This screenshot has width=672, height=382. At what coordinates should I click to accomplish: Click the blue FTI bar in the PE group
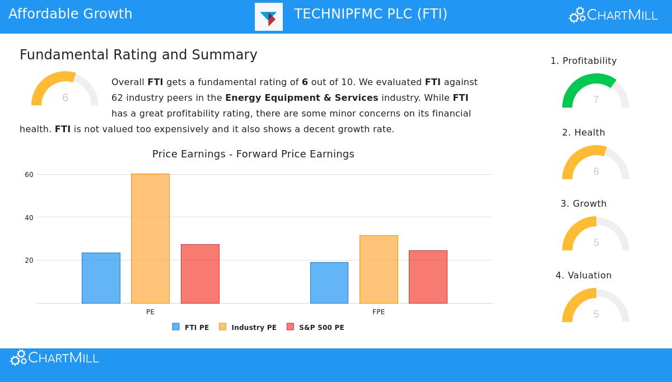tap(101, 278)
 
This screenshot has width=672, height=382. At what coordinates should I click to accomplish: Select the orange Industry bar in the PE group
tap(150, 239)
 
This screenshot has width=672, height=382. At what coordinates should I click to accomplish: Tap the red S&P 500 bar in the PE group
tap(200, 274)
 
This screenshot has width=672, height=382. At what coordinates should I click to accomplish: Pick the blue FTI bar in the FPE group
tap(329, 283)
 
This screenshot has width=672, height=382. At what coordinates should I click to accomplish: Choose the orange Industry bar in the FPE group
tap(379, 269)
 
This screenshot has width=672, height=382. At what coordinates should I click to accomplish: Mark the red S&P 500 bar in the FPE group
tap(428, 277)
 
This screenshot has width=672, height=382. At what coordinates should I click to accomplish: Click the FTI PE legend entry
tap(191, 327)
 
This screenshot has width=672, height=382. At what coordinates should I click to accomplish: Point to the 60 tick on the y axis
tap(29, 175)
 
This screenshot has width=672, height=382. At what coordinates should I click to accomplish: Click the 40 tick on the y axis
tap(29, 217)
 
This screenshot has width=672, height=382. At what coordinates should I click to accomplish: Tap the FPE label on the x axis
tap(379, 312)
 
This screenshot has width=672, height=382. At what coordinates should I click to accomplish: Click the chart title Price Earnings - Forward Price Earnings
tap(253, 154)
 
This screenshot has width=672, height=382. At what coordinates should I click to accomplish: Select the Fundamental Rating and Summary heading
tap(138, 55)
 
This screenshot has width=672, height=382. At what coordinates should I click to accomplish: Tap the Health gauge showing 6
tap(595, 163)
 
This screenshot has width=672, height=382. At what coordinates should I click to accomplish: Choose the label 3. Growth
tap(584, 204)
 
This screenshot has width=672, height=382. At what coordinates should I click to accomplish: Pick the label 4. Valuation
tap(584, 276)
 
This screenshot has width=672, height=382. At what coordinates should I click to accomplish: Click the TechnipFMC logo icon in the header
tap(269, 17)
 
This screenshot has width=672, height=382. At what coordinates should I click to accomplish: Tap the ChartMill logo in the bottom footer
tap(55, 358)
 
